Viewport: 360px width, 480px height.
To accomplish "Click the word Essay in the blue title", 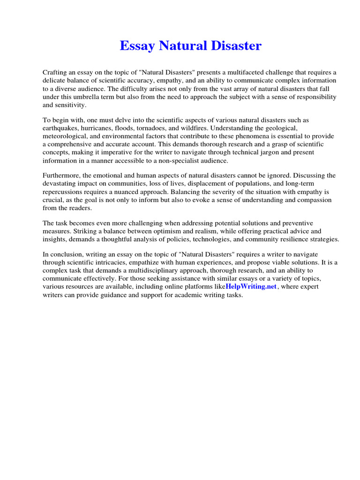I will pos(137,46).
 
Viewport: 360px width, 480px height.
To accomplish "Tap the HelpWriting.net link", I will pos(251,287).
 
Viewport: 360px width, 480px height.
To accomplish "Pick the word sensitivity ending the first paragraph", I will pos(71,105).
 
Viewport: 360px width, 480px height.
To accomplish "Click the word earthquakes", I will pos(60,128).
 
